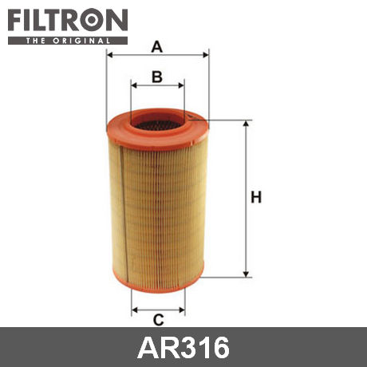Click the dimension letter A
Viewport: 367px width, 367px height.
(x=157, y=47)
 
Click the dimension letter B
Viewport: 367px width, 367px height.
(x=157, y=77)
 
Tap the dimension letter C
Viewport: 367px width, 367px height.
(x=159, y=319)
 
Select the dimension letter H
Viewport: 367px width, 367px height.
(x=256, y=197)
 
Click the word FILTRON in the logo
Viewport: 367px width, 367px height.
(x=68, y=20)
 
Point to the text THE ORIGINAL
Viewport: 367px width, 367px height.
(x=68, y=41)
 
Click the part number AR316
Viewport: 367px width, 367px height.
(x=183, y=347)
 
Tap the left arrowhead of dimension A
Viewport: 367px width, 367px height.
(x=109, y=55)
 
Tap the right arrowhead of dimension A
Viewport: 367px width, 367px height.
(x=206, y=55)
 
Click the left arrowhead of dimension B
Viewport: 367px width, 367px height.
(x=134, y=85)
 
